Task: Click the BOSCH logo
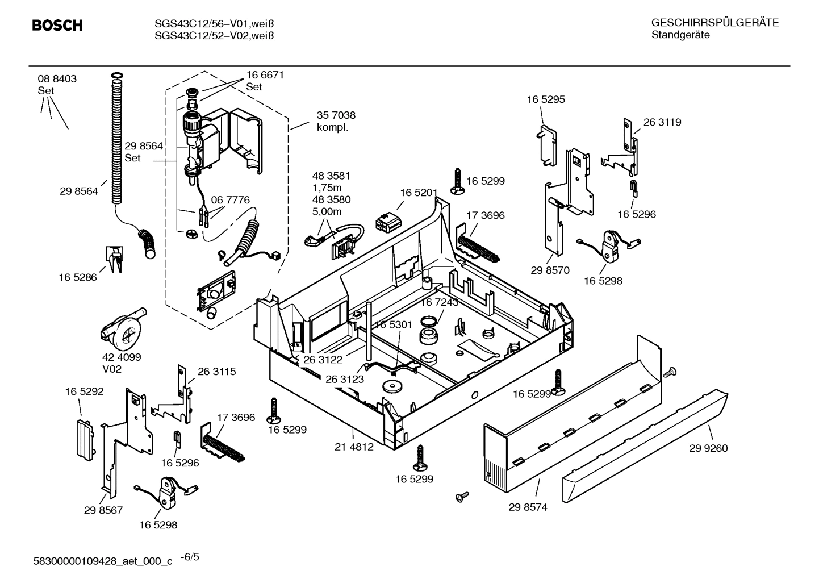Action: pos(57,26)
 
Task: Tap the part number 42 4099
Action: pos(122,357)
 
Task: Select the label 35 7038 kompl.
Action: pos(336,121)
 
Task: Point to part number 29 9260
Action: pos(708,448)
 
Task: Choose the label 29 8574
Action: pos(528,507)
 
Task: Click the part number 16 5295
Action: pos(545,99)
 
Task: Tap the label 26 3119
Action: pos(662,122)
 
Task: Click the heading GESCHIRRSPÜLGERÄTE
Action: pos(714,23)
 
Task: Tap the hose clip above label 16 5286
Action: pos(115,259)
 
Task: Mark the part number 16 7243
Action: pos(439,302)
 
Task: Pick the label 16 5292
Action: pos(84,391)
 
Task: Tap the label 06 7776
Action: pos(230,200)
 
